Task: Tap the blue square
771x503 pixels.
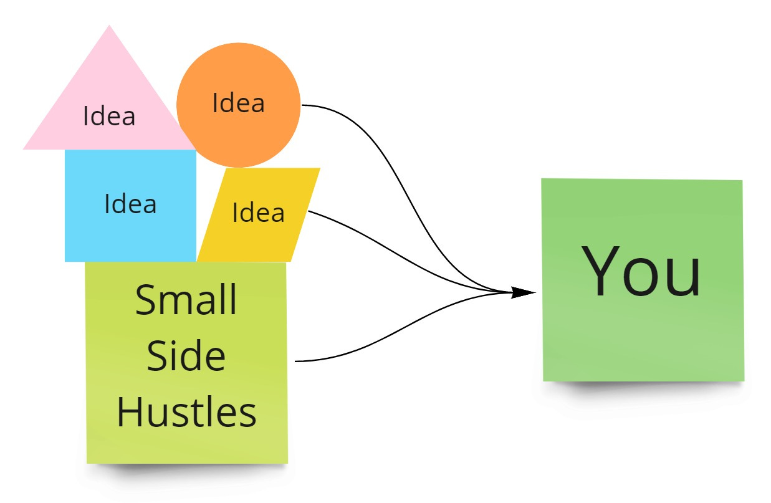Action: point(130,231)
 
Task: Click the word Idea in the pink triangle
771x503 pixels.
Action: point(109,117)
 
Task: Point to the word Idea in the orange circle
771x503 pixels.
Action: point(239,103)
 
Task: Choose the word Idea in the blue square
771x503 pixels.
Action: point(130,204)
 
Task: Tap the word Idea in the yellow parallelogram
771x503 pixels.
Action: point(259,213)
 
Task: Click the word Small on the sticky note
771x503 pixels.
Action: point(186,300)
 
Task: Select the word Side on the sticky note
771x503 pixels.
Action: point(186,356)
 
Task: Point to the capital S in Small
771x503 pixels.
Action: point(145,300)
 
